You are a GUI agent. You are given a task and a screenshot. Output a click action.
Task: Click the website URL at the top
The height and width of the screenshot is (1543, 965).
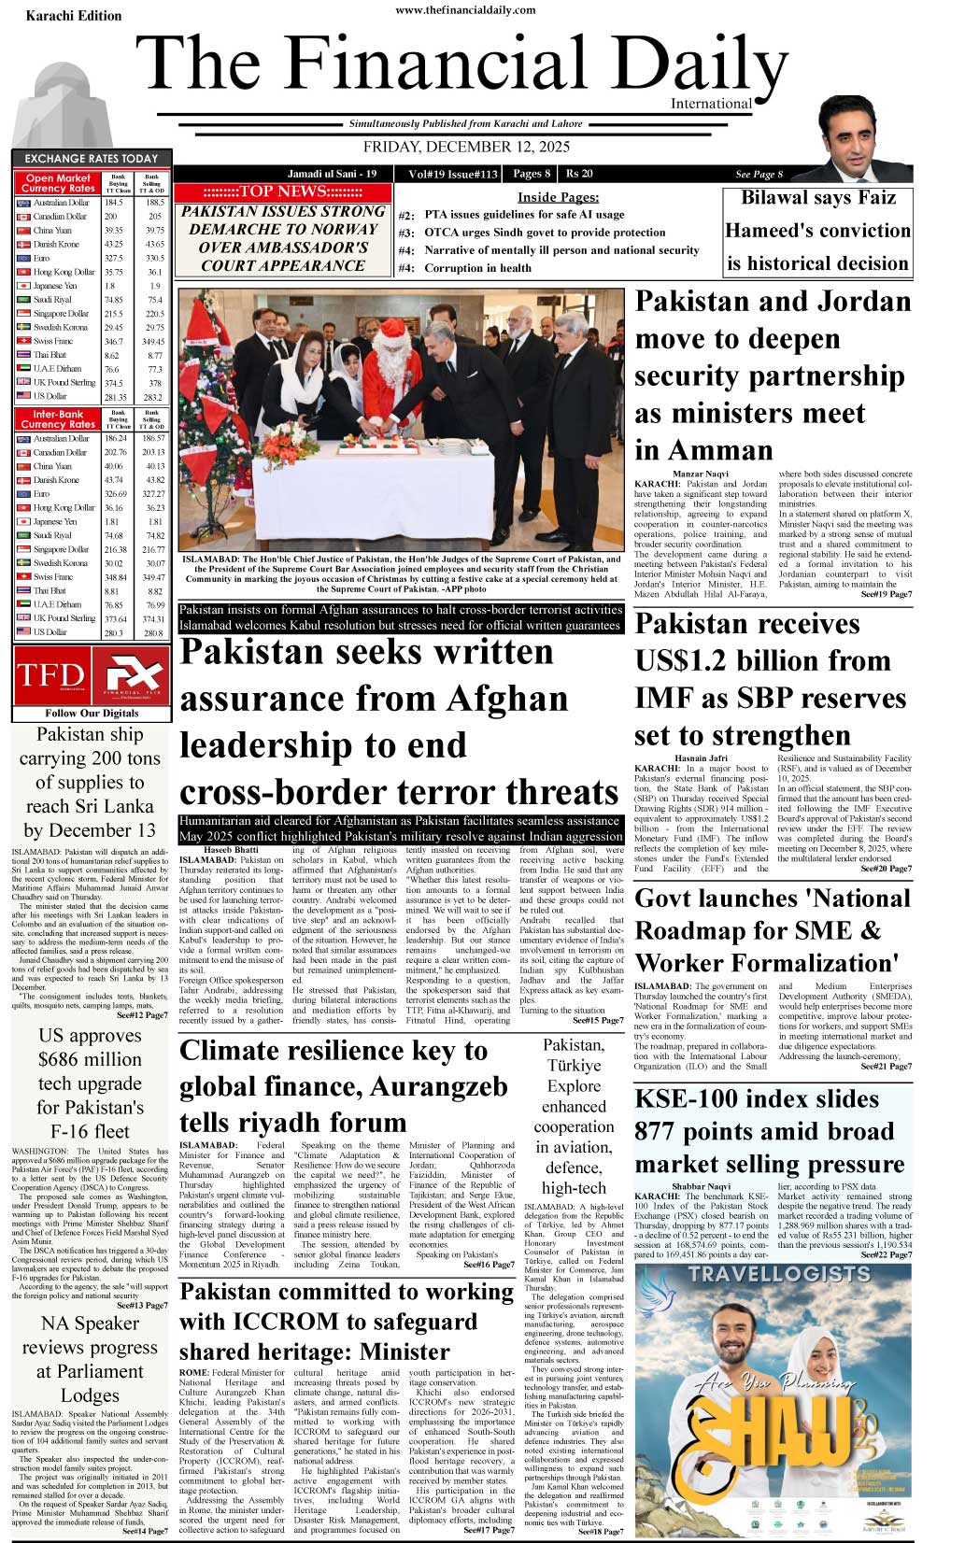[465, 10]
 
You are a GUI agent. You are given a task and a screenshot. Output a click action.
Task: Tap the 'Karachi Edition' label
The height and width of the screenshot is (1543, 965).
[74, 16]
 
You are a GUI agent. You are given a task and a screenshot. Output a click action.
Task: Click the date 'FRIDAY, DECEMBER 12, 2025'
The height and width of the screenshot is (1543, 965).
[466, 147]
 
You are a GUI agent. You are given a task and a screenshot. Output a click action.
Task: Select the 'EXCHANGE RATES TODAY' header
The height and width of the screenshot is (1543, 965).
[92, 159]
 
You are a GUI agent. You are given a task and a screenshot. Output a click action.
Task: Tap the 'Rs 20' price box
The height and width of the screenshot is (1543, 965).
[579, 174]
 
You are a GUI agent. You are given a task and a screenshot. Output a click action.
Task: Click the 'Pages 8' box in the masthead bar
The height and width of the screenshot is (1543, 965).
[531, 174]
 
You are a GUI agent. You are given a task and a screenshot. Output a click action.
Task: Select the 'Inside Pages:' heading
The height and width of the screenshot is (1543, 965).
[558, 197]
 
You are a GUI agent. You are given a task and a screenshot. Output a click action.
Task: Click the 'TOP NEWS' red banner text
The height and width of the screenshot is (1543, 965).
[283, 191]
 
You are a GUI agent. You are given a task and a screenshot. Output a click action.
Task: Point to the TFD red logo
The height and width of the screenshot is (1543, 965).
[50, 674]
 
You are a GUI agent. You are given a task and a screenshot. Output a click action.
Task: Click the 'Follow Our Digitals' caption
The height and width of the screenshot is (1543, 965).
[92, 714]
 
